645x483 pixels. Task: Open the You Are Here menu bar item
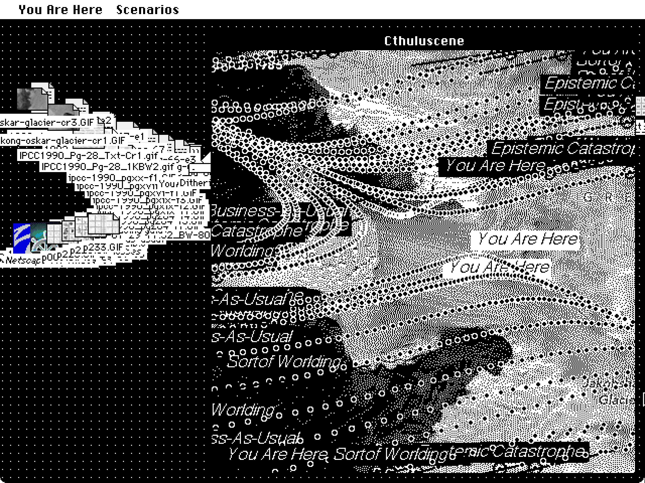(60, 10)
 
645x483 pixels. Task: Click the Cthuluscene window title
(424, 41)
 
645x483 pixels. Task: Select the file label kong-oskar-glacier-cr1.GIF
(63, 141)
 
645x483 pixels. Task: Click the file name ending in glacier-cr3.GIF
(47, 122)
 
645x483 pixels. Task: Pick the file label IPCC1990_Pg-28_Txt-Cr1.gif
(88, 156)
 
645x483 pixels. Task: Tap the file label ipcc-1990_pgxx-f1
(113, 177)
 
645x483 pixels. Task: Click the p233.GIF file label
(104, 248)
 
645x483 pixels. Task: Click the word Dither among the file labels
(195, 183)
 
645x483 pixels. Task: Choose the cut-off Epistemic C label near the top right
(589, 83)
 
